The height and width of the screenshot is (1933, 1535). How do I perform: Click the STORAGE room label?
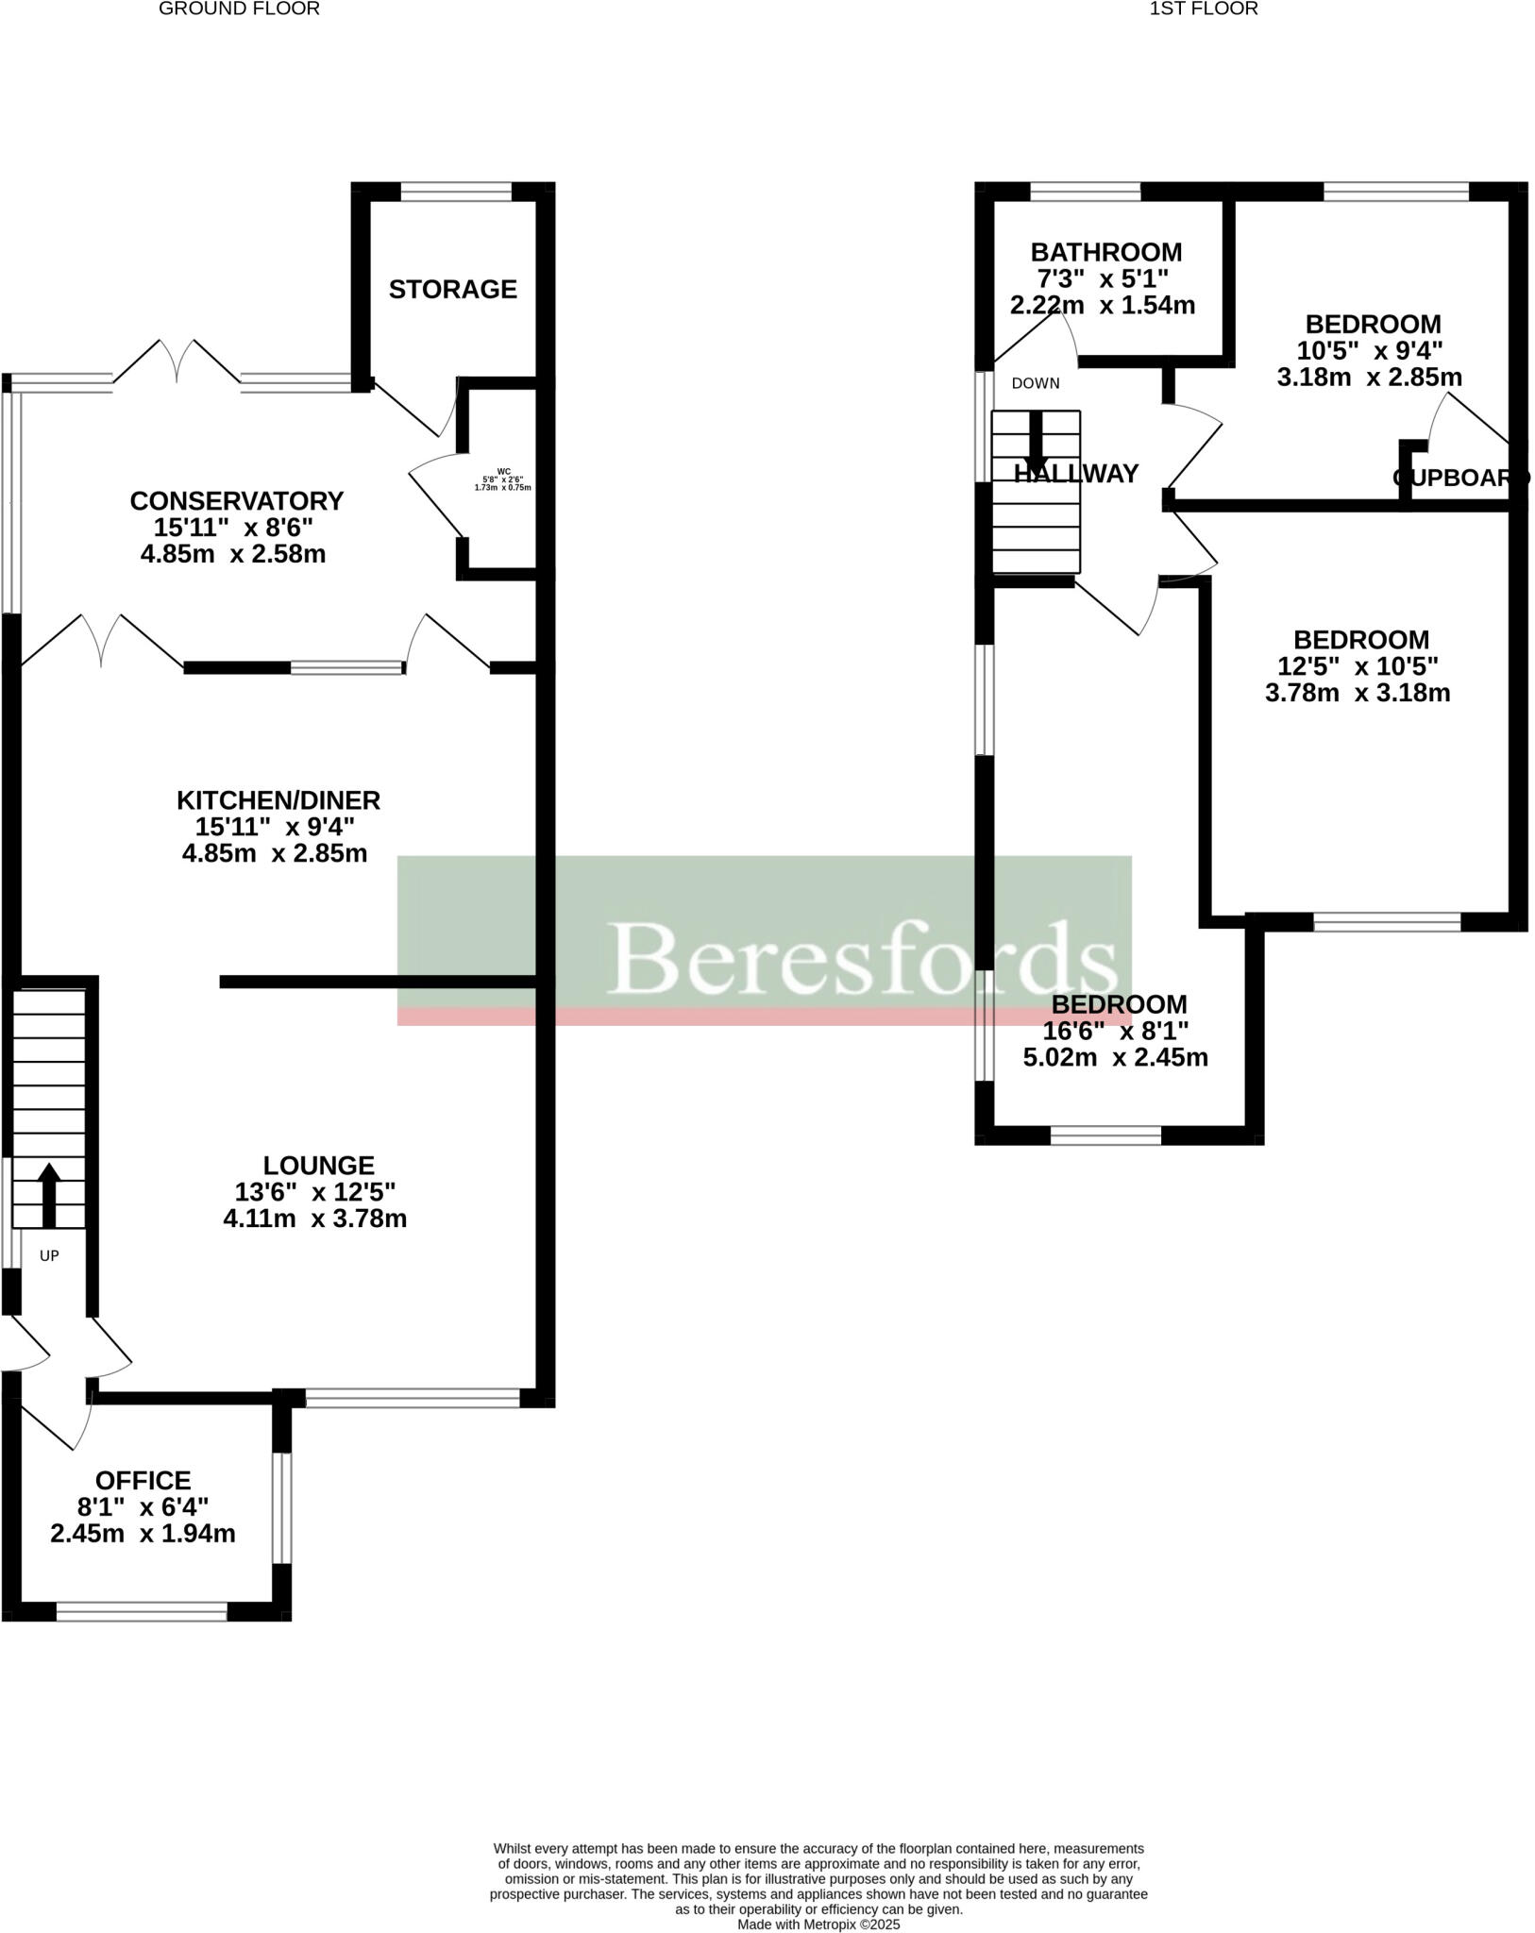click(452, 289)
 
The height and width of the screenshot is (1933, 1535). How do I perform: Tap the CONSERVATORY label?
click(236, 500)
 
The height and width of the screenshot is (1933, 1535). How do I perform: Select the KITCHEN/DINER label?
click(278, 800)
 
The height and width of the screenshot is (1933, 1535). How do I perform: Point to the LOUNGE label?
click(318, 1166)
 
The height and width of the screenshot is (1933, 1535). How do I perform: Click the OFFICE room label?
click(143, 1480)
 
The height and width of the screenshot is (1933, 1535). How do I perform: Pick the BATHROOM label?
click(1105, 253)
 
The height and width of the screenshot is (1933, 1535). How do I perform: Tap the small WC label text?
click(503, 470)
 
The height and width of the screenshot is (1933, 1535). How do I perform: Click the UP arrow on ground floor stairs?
click(49, 1194)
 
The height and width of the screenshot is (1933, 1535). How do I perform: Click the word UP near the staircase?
click(49, 1256)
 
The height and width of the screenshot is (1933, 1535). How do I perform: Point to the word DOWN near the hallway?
click(1036, 383)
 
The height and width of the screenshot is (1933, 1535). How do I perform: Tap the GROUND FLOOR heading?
click(239, 9)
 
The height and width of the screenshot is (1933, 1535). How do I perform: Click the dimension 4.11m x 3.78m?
click(314, 1219)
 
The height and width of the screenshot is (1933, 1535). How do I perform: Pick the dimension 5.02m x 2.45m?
click(1115, 1057)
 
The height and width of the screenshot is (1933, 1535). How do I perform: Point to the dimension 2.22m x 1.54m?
click(1102, 306)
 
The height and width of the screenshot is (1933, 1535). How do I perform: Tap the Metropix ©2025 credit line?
click(818, 1925)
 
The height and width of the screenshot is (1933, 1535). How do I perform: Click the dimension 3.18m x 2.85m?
click(1369, 378)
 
